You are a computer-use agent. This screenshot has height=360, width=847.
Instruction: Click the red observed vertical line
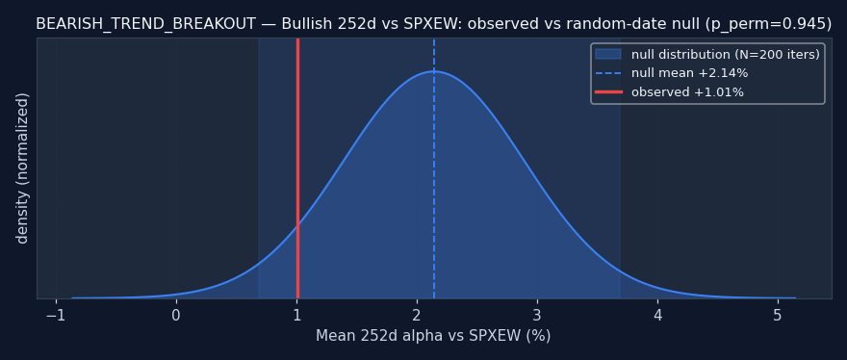coord(297,168)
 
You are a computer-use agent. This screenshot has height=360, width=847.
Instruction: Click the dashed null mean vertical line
coord(434,168)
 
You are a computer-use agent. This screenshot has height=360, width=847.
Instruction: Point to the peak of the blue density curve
coord(434,71)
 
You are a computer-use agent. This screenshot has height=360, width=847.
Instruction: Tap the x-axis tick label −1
coord(56,316)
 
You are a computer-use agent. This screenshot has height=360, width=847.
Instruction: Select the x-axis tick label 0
coord(176,316)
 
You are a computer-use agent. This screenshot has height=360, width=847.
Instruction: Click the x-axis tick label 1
coord(296,316)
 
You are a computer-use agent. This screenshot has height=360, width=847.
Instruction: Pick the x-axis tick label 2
coord(417,316)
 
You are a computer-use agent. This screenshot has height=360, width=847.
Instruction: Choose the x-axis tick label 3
coord(537,316)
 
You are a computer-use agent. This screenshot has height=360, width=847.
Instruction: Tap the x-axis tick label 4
coord(658,316)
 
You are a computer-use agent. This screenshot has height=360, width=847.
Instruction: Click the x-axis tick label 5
coord(778,316)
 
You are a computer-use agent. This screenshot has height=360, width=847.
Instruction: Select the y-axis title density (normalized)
coord(22,168)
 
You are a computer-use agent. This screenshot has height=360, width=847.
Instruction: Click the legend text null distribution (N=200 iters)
coord(726,55)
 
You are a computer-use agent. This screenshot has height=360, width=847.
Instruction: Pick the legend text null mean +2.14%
coord(690,73)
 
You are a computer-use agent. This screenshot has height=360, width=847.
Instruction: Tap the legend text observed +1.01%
coord(687,92)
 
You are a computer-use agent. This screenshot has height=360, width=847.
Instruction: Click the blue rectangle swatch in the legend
coord(608,54)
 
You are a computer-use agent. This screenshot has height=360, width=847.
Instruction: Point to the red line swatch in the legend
coord(608,91)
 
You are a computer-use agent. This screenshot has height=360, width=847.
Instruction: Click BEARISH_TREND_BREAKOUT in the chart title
coord(146,24)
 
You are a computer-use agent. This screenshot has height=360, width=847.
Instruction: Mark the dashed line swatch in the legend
coord(608,73)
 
